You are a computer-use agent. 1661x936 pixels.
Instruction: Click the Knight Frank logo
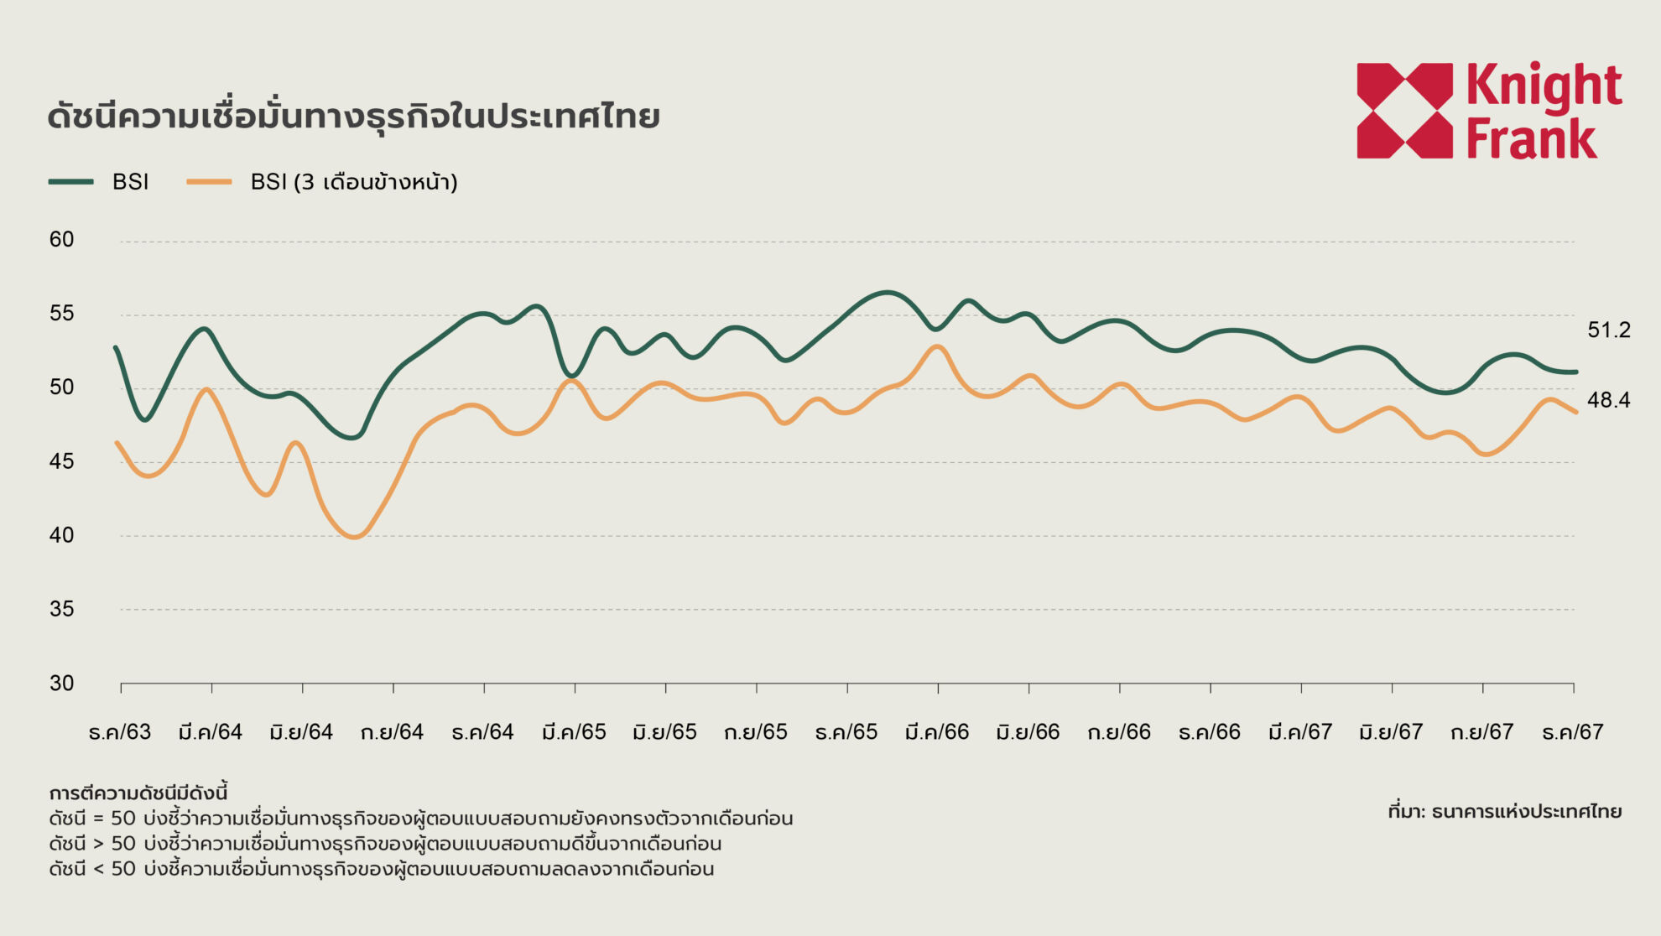pos(1489,110)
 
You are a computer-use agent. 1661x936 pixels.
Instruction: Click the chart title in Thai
pos(353,117)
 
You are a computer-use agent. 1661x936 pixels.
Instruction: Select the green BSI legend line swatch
pos(71,182)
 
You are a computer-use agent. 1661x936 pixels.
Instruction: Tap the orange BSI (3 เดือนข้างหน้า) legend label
pos(353,182)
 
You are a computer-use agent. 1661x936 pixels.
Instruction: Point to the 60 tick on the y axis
pos(61,240)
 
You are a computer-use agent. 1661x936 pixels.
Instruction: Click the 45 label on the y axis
pos(61,461)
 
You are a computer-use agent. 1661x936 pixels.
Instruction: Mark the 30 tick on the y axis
pos(61,683)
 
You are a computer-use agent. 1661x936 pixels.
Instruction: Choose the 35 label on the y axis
pos(61,609)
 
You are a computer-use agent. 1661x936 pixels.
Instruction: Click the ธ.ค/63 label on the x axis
pos(120,732)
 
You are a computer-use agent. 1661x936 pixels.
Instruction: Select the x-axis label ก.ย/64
pos(392,732)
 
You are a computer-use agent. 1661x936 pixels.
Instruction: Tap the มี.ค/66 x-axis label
pos(937,732)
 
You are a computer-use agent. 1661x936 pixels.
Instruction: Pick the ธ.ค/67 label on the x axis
pos(1573,732)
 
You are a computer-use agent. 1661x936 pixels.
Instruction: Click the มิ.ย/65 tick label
pos(664,732)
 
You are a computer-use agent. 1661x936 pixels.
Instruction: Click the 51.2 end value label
pos(1609,330)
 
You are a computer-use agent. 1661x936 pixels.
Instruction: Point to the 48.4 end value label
pos(1609,401)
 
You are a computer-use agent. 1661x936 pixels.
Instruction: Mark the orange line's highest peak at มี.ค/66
pos(937,346)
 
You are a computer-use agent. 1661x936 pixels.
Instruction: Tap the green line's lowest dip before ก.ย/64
pos(353,437)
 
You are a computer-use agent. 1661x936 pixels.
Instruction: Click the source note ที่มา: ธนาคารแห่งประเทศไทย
pos(1504,812)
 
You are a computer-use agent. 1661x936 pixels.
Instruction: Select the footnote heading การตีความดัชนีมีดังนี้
pos(138,793)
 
